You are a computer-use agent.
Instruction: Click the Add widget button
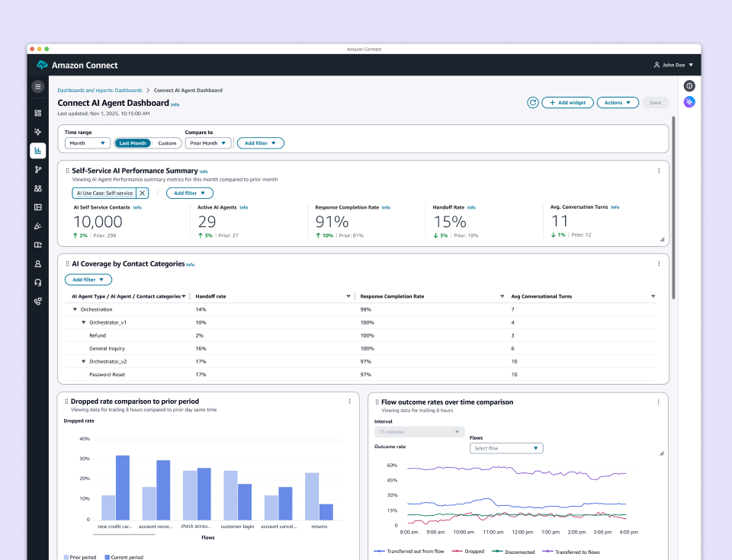point(568,102)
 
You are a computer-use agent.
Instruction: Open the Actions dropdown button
point(617,102)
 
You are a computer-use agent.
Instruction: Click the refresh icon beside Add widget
point(533,102)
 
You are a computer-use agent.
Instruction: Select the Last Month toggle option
point(133,143)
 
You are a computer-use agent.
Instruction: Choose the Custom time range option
point(167,143)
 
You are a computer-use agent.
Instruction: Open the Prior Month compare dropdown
point(207,143)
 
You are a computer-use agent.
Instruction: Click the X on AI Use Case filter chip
point(142,194)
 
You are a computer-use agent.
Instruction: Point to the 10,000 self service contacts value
point(98,222)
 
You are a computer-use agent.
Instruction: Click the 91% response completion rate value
point(332,222)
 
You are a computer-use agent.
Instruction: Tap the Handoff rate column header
point(211,296)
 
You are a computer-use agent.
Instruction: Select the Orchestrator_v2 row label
point(108,361)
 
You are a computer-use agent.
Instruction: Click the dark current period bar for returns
point(326,512)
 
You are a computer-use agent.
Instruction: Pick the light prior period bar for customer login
point(230,495)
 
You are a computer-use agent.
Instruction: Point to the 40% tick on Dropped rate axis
point(85,439)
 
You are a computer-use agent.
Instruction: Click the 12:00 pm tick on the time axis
point(522,533)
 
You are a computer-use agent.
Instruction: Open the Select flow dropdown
point(506,448)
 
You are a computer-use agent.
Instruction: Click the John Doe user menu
point(674,65)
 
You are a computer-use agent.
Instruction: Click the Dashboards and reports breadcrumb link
point(100,90)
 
